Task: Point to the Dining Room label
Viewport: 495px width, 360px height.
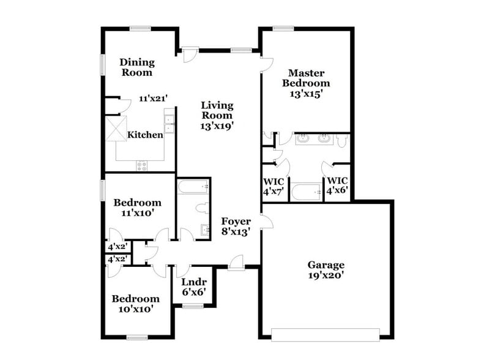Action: pyautogui.click(x=136, y=67)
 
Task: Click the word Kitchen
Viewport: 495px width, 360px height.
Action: pyautogui.click(x=145, y=135)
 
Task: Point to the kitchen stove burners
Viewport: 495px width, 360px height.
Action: pyautogui.click(x=141, y=165)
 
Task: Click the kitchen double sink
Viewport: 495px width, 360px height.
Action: pyautogui.click(x=169, y=125)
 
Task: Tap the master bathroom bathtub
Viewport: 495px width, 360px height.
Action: pyautogui.click(x=306, y=192)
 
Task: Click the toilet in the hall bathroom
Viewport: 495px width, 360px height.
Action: pyautogui.click(x=201, y=209)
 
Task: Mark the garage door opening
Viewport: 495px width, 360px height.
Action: pyautogui.click(x=326, y=334)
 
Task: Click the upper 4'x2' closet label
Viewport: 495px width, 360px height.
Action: pyautogui.click(x=117, y=247)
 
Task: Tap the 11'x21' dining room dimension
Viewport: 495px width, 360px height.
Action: pyautogui.click(x=153, y=98)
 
